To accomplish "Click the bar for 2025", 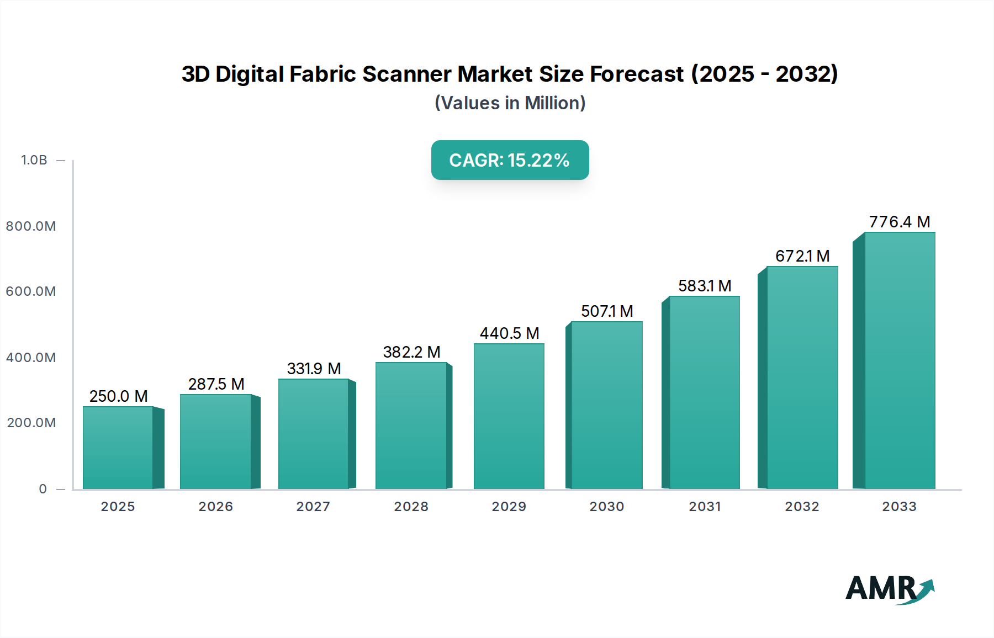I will pyautogui.click(x=118, y=448).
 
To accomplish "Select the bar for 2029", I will pyautogui.click(x=509, y=416).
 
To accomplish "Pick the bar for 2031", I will pyautogui.click(x=704, y=392).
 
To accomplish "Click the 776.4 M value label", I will pyautogui.click(x=900, y=222).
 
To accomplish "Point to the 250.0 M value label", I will pyautogui.click(x=118, y=396).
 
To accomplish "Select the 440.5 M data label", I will pyautogui.click(x=509, y=333).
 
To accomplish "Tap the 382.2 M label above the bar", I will pyautogui.click(x=411, y=352).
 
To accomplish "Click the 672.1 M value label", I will pyautogui.click(x=802, y=256).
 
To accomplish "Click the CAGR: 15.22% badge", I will pyautogui.click(x=510, y=160).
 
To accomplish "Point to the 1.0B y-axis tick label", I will pyautogui.click(x=34, y=160).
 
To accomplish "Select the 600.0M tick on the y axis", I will pyautogui.click(x=31, y=291).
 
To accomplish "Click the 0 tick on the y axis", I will pyautogui.click(x=43, y=489).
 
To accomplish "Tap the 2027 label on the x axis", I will pyautogui.click(x=313, y=507).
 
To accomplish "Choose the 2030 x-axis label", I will pyautogui.click(x=606, y=507).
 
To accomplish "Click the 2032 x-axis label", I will pyautogui.click(x=802, y=507).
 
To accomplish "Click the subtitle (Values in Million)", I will pyautogui.click(x=510, y=103).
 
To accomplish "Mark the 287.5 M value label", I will pyautogui.click(x=216, y=384).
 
